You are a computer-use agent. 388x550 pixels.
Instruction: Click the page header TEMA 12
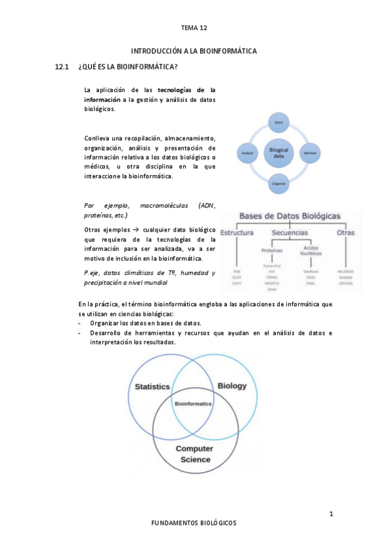click(x=194, y=28)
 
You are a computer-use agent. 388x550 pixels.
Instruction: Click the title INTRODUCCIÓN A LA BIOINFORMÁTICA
click(x=194, y=51)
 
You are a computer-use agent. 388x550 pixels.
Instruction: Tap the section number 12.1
click(x=62, y=67)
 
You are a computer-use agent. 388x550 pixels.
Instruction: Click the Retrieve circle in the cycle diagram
click(x=310, y=153)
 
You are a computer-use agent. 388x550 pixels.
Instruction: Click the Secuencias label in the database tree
click(x=290, y=232)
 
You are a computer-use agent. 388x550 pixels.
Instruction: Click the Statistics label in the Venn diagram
click(x=152, y=387)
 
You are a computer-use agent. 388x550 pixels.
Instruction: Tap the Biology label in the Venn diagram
click(x=231, y=386)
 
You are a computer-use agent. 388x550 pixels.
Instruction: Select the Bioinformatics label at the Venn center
click(x=193, y=403)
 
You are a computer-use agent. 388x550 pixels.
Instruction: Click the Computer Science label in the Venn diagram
click(x=194, y=454)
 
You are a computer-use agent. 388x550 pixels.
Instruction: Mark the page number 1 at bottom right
click(x=331, y=514)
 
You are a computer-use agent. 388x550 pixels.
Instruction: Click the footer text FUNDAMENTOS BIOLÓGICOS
click(x=194, y=523)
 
